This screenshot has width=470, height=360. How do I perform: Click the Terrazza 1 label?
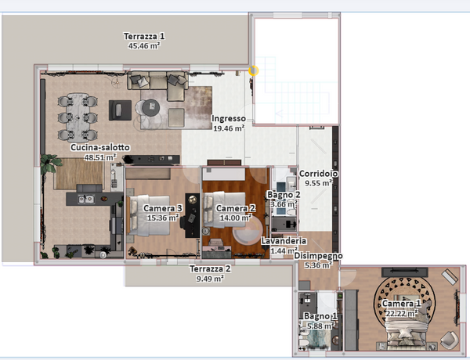[144, 37]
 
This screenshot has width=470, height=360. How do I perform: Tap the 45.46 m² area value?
[144, 46]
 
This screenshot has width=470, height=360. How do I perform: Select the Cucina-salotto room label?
[100, 147]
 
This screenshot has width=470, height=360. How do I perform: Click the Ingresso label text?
[229, 119]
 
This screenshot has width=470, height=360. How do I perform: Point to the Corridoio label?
[319, 174]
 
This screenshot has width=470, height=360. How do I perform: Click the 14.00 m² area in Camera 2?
[236, 218]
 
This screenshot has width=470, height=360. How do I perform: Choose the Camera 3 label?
[163, 208]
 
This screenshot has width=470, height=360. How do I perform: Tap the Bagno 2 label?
[284, 195]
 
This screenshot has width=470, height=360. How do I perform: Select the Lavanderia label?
[284, 241]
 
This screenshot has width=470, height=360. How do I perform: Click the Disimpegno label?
[318, 256]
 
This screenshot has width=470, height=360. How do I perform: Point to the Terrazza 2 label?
[210, 268]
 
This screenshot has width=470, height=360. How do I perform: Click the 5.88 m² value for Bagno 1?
[320, 326]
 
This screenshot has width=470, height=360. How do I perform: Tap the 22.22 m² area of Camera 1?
[401, 314]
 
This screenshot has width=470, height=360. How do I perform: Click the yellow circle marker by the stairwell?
[254, 71]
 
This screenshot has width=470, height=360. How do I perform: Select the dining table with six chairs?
[78, 117]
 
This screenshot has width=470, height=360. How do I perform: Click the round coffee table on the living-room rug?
[150, 107]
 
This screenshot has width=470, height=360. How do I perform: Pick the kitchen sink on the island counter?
[86, 199]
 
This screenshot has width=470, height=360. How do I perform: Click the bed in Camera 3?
[148, 215]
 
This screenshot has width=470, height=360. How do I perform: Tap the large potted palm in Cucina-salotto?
[50, 164]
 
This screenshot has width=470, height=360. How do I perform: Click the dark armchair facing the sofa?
[120, 110]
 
